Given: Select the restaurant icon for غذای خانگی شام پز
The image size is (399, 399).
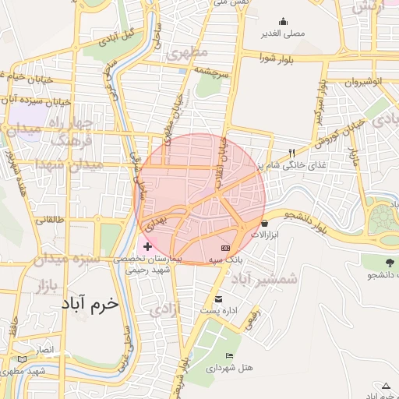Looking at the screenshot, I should pos(291,154).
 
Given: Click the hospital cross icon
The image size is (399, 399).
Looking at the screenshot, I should pos(147,246).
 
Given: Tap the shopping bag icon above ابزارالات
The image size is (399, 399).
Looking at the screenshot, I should pos(265,223).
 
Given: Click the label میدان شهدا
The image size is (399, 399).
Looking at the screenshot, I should pos(58,164).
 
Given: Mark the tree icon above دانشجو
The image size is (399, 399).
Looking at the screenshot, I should pos(390,262).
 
